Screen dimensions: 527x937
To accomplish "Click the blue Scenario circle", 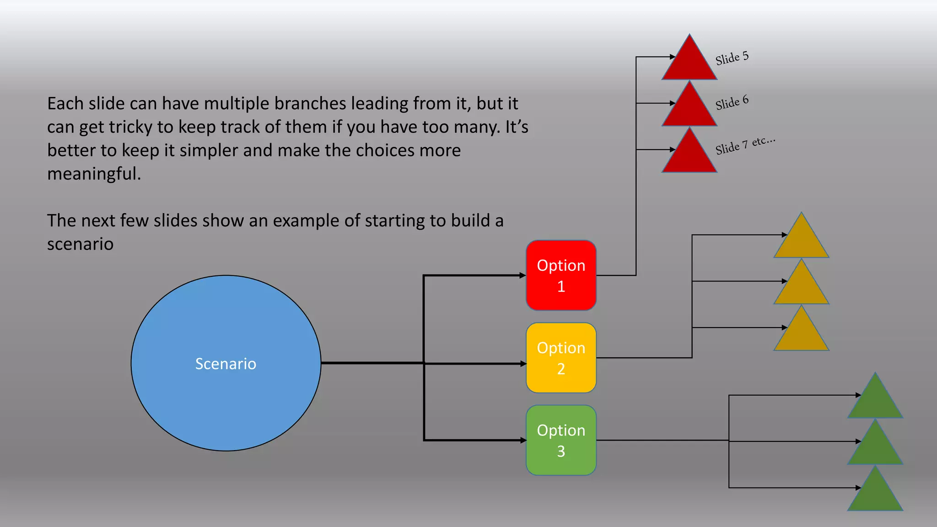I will click(226, 363).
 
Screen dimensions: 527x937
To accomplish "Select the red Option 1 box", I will click(561, 275).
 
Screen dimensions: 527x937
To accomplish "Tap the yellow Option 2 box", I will click(561, 358).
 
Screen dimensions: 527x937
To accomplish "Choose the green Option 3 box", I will click(561, 440).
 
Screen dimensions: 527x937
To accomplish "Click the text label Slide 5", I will click(732, 58).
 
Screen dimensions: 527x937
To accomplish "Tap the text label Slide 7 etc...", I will click(745, 145).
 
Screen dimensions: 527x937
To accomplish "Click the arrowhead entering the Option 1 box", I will click(522, 275).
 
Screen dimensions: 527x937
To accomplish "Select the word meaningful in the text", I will click(94, 174).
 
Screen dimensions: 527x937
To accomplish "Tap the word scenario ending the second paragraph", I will click(80, 244).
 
